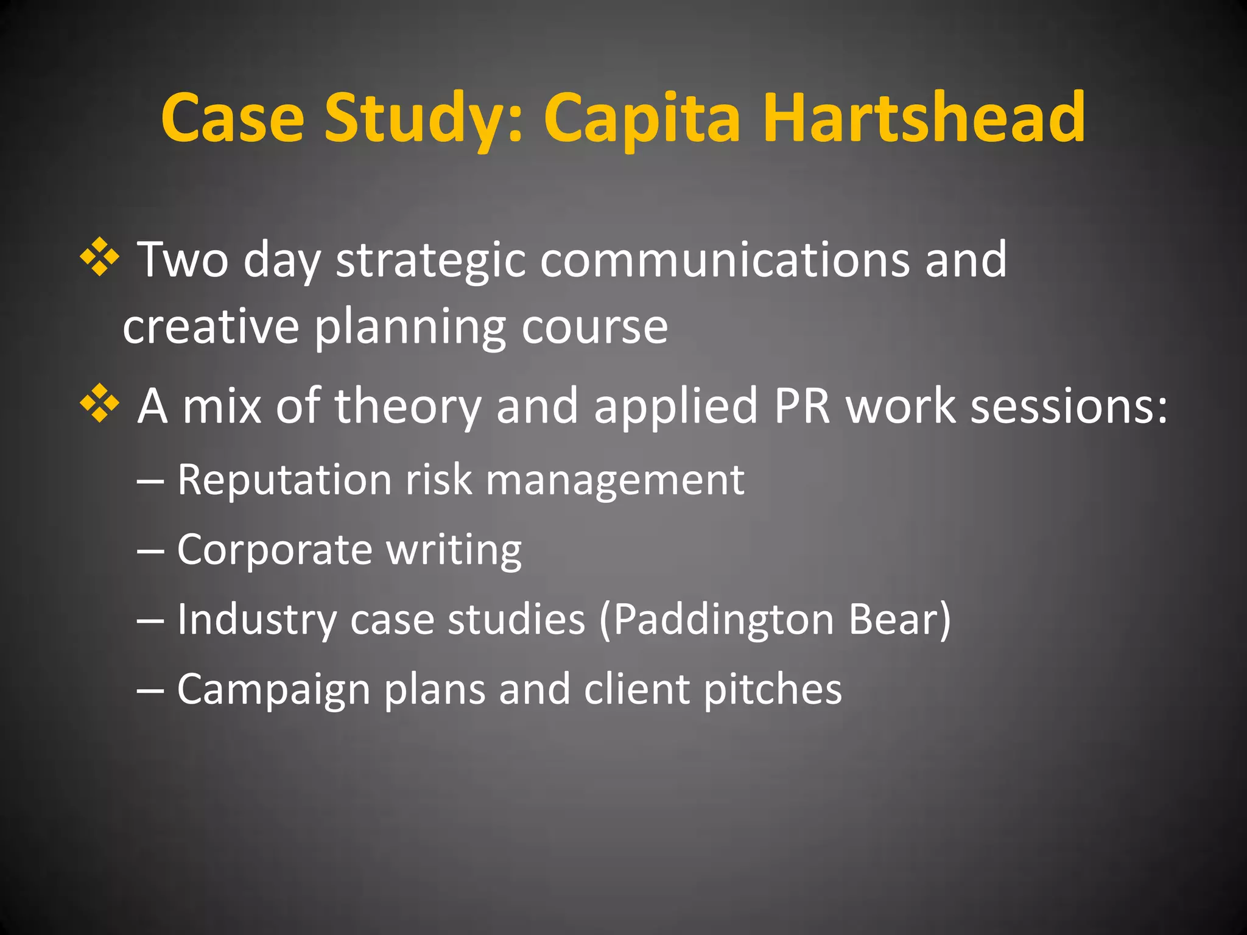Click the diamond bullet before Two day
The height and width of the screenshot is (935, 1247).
pos(99,258)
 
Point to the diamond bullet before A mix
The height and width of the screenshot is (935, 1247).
pos(99,405)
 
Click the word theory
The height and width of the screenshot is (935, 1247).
pos(407,407)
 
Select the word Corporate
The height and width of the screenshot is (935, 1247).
pos(275,550)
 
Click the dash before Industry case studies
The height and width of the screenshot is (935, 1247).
pos(150,620)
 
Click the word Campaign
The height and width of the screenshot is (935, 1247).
pos(273,690)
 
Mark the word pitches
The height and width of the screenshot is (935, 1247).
pos(773,690)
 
